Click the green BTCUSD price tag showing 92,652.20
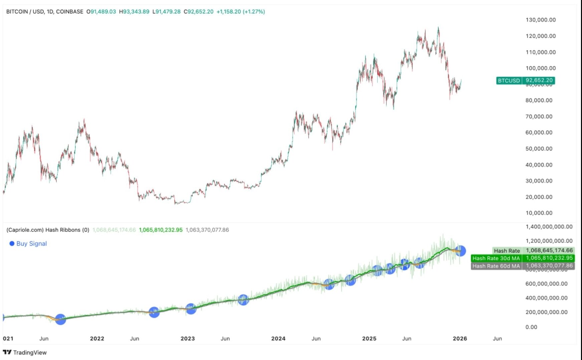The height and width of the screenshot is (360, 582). click(525, 80)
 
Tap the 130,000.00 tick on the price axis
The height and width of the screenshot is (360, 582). click(541, 20)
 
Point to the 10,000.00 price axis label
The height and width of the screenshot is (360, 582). click(539, 213)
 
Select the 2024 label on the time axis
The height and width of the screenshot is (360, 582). click(278, 338)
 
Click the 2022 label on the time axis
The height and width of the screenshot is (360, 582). click(97, 338)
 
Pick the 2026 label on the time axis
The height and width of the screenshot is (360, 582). click(460, 338)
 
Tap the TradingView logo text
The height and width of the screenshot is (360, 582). click(30, 352)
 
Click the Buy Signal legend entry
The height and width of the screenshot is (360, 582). click(31, 244)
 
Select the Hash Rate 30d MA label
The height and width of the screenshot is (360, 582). click(496, 258)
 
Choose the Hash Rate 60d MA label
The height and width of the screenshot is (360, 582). click(496, 266)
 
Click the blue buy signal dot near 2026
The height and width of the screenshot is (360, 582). click(461, 251)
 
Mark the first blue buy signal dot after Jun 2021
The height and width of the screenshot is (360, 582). click(60, 319)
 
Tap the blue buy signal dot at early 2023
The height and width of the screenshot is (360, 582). click(191, 309)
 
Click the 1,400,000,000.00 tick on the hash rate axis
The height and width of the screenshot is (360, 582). click(549, 227)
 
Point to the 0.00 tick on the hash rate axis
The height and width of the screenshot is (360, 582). click(531, 327)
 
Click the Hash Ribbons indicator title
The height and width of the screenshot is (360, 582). click(48, 230)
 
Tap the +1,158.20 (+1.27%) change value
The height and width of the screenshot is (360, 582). click(241, 12)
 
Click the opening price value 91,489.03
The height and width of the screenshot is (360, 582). click(103, 12)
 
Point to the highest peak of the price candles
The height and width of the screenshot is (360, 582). click(438, 28)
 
